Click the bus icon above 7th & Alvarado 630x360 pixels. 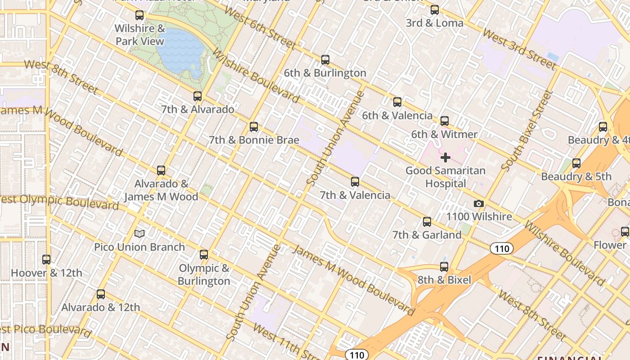[x=197, y=96]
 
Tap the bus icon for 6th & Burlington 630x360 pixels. [x=325, y=59]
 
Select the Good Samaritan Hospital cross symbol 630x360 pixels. [x=445, y=157]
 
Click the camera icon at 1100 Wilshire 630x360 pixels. [x=479, y=204]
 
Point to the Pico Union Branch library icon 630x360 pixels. [x=139, y=234]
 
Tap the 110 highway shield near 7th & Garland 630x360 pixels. [x=501, y=248]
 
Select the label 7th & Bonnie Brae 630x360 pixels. [x=254, y=140]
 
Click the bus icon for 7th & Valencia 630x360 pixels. [x=355, y=182]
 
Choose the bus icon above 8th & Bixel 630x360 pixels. [x=444, y=266]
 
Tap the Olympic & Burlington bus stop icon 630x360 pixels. [x=204, y=255]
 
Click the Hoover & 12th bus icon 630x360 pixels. [x=46, y=259]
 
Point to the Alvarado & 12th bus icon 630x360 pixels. [x=101, y=294]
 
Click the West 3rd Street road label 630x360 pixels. [x=519, y=49]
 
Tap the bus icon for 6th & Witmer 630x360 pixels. [x=445, y=121]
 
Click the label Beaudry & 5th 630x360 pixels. [x=576, y=176]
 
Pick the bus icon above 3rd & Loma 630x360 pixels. [x=434, y=9]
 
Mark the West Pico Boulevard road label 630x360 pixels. [x=45, y=330]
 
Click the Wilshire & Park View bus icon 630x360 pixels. [x=139, y=15]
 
